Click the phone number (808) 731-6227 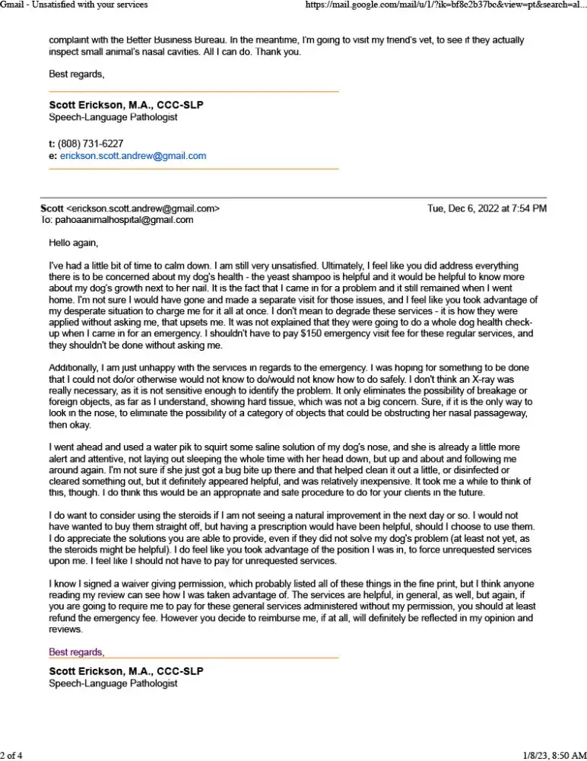90,144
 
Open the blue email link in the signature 133,156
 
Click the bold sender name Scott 52,208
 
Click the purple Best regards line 77,652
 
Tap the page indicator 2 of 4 12,755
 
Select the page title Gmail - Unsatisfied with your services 74,5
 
